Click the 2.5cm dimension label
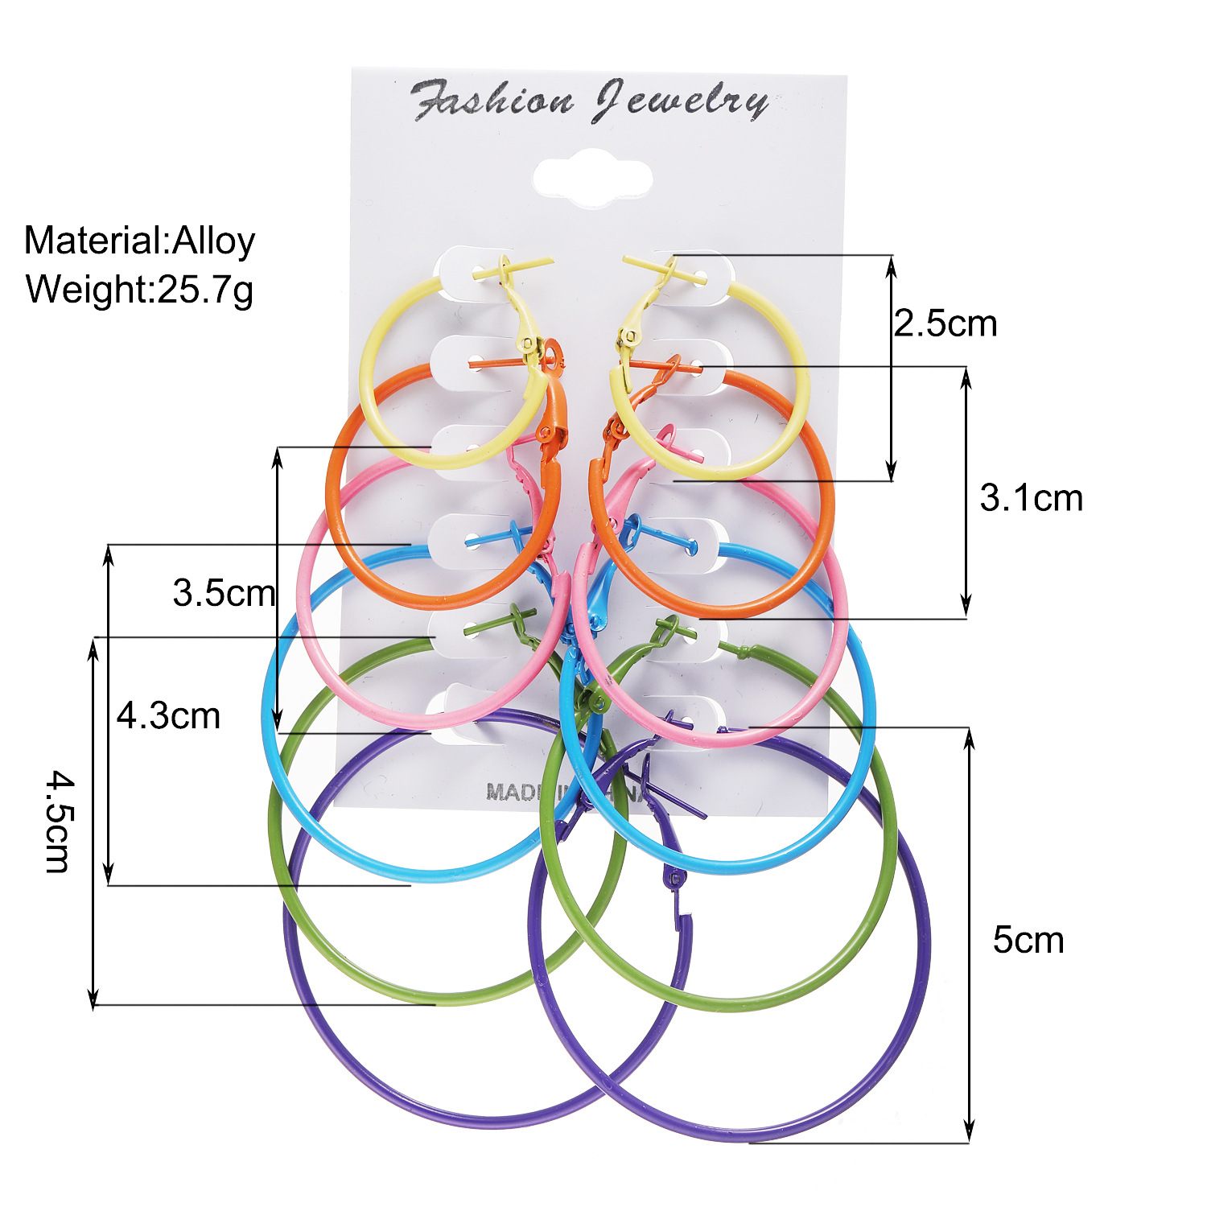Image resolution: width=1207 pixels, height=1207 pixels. [945, 324]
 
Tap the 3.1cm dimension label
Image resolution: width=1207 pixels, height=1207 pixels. [1031, 499]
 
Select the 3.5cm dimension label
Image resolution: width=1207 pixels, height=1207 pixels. [224, 594]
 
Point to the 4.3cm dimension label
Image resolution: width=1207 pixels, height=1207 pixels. [168, 716]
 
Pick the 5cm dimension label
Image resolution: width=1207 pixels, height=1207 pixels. [1028, 940]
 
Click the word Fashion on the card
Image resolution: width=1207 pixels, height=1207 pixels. [492, 101]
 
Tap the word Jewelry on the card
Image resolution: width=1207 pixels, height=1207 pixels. [681, 102]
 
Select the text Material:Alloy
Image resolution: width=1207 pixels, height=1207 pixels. [139, 241]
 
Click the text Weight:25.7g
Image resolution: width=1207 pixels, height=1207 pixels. [139, 289]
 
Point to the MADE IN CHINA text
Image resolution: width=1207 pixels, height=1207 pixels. [563, 792]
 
